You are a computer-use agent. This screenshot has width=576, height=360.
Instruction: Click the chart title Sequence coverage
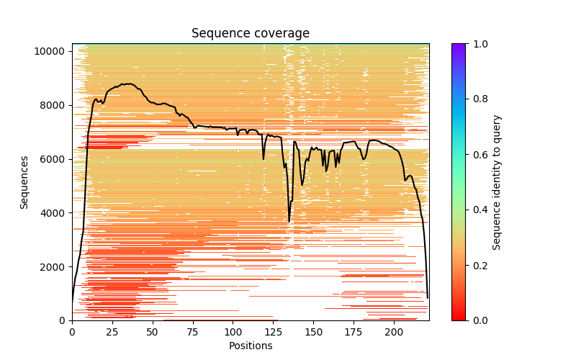[x=250, y=33]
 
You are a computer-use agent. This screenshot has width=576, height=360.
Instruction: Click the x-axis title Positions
[x=250, y=346]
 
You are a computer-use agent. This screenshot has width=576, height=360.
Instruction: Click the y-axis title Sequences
[x=24, y=181]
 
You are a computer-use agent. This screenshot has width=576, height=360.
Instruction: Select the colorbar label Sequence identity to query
[x=497, y=181]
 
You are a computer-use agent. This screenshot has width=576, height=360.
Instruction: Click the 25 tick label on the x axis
[x=112, y=332]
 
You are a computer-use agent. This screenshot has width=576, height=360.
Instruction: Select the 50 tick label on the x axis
[x=153, y=332]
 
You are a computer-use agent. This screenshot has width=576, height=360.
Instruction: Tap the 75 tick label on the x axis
[x=193, y=332]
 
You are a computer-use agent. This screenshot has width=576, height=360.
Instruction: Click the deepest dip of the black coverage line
[x=289, y=221]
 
